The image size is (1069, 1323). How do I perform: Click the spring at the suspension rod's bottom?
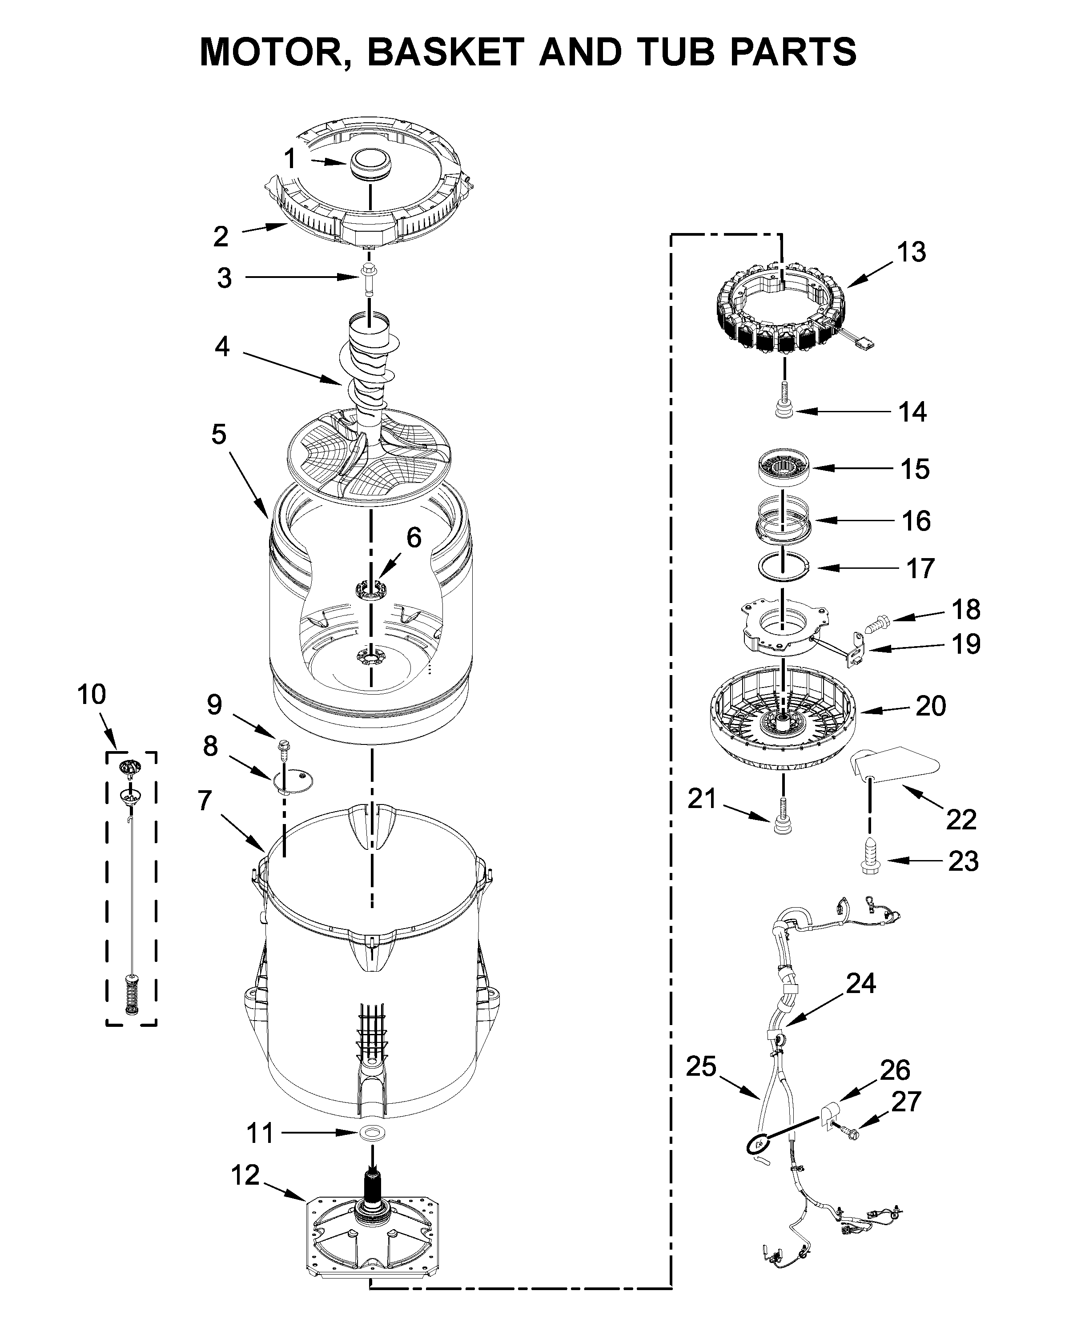click(131, 992)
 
